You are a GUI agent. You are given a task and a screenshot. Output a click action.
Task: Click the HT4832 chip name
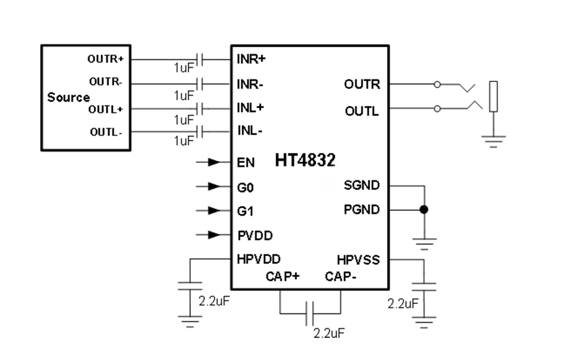305,160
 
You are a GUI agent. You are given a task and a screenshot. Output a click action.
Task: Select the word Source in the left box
68,97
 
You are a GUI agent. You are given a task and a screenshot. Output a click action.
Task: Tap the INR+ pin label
251,59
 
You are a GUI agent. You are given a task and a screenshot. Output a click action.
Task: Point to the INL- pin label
250,131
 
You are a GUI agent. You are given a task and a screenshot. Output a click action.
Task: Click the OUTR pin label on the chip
362,84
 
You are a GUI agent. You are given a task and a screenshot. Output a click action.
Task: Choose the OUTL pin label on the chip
362,111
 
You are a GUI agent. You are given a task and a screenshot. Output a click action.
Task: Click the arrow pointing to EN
214,162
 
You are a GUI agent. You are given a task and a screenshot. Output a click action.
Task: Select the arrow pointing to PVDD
214,235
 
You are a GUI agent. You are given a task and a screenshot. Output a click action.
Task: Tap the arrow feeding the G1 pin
214,210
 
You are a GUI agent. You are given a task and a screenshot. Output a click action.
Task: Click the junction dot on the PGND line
424,210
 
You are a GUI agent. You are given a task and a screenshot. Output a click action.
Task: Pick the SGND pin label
362,185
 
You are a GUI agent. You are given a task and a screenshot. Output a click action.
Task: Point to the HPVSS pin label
358,260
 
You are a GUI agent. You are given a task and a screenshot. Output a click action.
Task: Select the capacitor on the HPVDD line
190,286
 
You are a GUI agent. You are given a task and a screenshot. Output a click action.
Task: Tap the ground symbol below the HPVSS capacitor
424,323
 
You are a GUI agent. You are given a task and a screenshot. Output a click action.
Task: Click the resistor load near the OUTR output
494,96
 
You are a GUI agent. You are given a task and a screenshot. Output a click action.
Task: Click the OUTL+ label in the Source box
105,110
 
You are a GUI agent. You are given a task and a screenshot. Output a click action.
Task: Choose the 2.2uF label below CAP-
329,333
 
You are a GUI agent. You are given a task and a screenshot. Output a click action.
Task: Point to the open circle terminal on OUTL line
437,109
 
